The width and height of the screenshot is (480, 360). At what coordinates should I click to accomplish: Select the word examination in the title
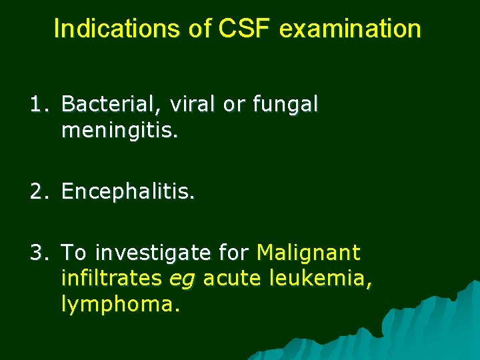click(x=351, y=29)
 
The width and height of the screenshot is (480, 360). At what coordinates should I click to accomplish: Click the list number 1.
click(x=38, y=105)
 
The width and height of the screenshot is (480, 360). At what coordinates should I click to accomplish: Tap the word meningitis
click(x=119, y=131)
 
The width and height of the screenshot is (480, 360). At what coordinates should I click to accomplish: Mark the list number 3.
click(x=38, y=253)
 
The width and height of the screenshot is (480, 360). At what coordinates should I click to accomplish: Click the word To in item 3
click(x=74, y=253)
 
